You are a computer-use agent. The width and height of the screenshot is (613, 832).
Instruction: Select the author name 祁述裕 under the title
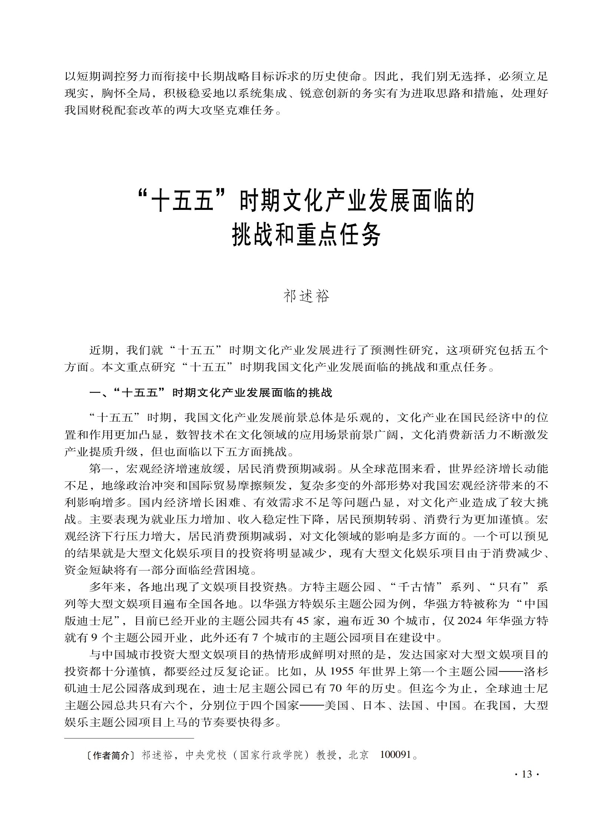(306, 296)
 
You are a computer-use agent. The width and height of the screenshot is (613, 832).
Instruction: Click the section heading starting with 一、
(211, 393)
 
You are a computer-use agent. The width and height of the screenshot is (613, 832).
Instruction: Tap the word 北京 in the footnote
(359, 755)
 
